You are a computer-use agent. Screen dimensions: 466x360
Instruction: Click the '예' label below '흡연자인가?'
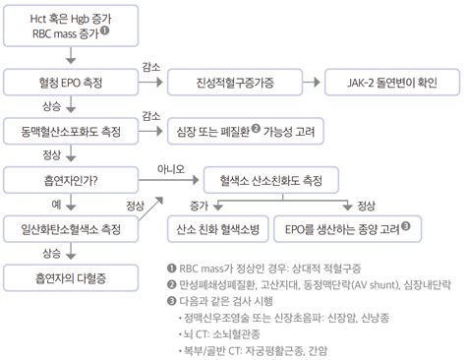56,204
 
